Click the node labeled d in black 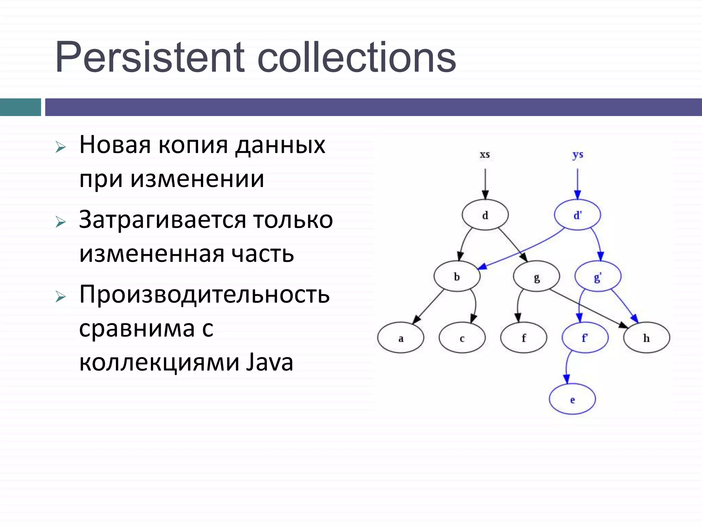click(485, 215)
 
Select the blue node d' click(578, 215)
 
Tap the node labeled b click(457, 277)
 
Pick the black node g click(536, 277)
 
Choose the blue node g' click(598, 277)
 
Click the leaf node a click(401, 338)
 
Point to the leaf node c click(462, 338)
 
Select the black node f click(523, 338)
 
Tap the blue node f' click(585, 338)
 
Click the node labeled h click(646, 338)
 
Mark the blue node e click(572, 399)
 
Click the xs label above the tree click(485, 155)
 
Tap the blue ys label click(578, 155)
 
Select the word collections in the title click(356, 57)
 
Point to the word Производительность click(204, 294)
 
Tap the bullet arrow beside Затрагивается click(61, 222)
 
